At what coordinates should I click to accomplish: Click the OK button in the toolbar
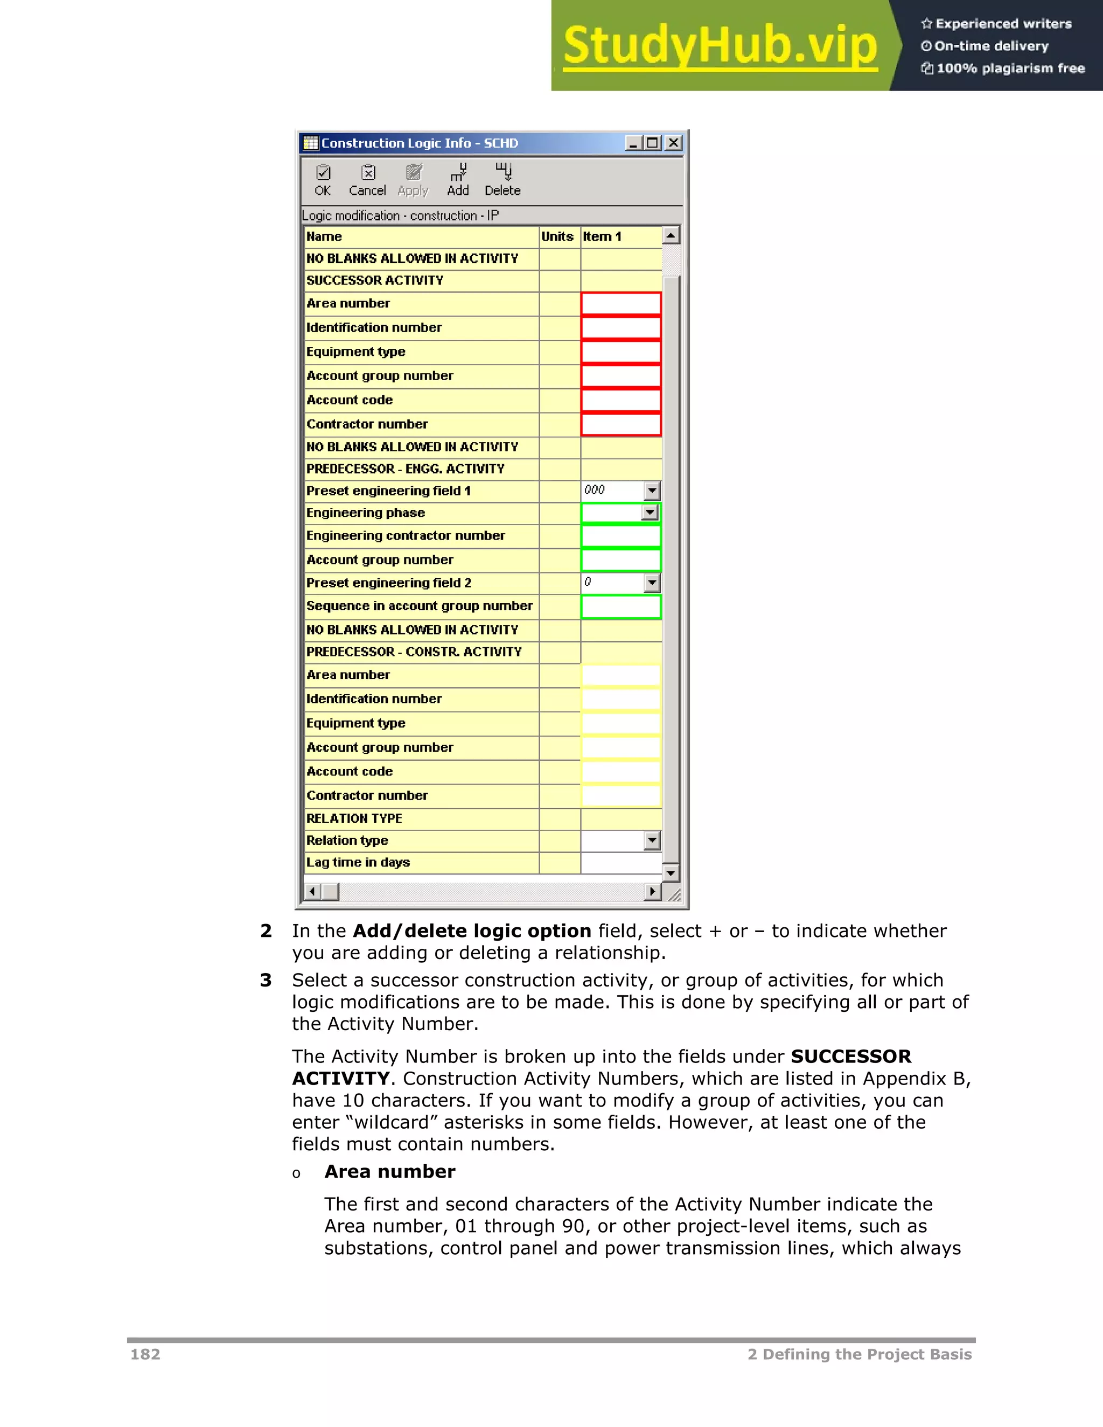323,180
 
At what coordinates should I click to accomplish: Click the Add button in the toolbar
458,180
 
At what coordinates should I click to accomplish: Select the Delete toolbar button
502,180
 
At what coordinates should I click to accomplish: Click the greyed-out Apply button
413,180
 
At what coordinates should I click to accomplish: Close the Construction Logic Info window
673,143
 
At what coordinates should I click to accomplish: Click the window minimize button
632,143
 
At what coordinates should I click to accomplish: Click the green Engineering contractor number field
621,536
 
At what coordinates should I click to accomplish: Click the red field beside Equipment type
621,352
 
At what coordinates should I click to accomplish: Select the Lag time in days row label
358,863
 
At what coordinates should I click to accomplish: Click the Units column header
557,236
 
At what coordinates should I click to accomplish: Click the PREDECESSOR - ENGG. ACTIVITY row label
405,469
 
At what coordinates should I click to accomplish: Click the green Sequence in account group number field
621,607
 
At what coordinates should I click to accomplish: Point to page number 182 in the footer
145,1354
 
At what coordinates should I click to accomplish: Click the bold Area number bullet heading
389,1172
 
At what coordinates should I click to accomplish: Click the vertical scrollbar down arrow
671,873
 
